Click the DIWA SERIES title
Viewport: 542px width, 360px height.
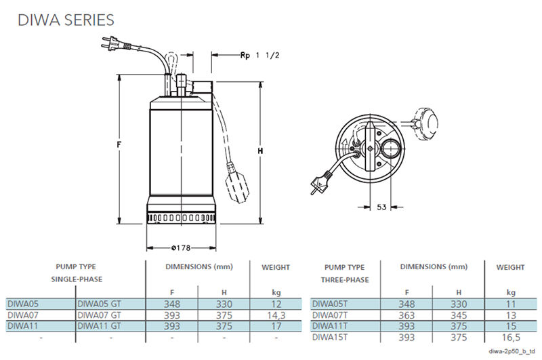[x=65, y=19]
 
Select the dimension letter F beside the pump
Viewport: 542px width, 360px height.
[x=120, y=145]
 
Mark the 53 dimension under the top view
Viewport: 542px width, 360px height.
[x=381, y=207]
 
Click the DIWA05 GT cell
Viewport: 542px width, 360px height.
[x=100, y=304]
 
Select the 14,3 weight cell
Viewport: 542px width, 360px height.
[x=276, y=315]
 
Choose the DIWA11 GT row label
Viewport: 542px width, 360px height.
[x=100, y=326]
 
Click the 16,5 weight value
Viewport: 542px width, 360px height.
[x=510, y=337]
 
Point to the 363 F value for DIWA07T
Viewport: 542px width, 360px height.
[x=406, y=315]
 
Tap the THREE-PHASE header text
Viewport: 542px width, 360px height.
[x=344, y=279]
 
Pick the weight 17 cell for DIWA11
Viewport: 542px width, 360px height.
[x=276, y=326]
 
